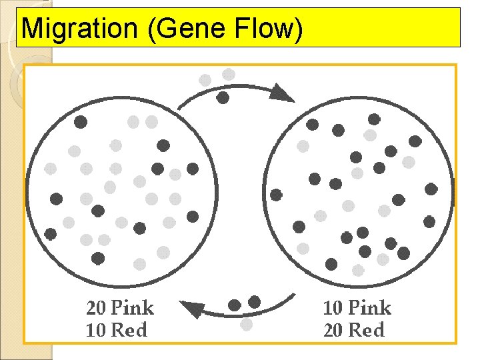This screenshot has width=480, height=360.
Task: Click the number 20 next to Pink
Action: coord(95,308)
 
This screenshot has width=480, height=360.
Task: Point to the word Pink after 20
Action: coord(132,308)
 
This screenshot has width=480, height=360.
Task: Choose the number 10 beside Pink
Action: coord(333,308)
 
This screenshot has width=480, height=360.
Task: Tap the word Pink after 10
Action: coord(369,308)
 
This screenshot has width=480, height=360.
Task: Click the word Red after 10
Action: coord(129,329)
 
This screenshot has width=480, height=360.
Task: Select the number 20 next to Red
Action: coord(333,329)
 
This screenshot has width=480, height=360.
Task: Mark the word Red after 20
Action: coord(366,329)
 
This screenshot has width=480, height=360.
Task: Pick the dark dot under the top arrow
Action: coord(223,98)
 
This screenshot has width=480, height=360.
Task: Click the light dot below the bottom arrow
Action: coord(246,325)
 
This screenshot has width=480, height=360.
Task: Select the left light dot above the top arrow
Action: coord(205,80)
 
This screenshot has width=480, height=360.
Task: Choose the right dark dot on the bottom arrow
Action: coord(254,302)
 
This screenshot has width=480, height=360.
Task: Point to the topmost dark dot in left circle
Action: coord(81,122)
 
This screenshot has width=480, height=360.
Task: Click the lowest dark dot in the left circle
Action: coord(98,257)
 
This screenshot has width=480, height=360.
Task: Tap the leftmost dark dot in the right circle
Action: coord(276,195)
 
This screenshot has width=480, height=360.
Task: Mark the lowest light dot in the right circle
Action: coord(358,270)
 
